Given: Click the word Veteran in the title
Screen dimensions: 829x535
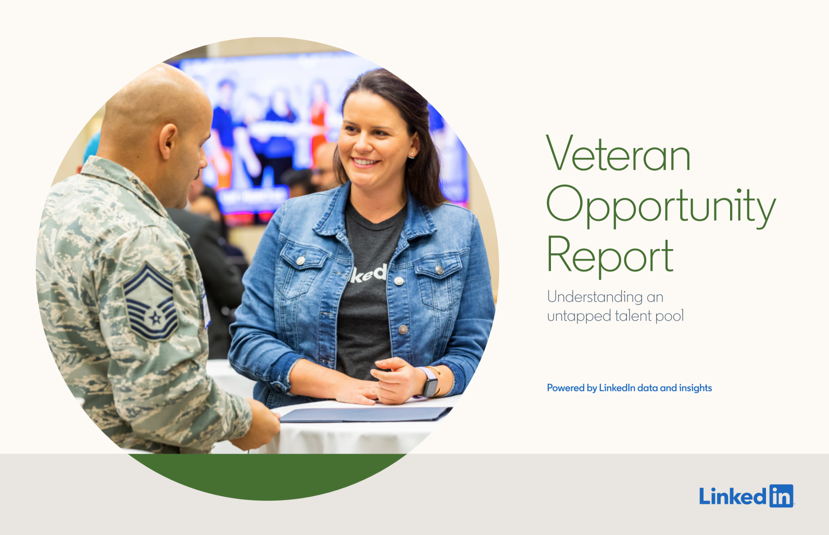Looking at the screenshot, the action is coord(619,153).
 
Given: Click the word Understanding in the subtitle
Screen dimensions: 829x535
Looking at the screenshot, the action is coord(595,296).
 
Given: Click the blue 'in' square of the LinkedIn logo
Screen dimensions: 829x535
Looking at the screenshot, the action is coord(781,496).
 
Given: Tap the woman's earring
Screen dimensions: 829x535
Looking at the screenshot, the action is coord(411,155).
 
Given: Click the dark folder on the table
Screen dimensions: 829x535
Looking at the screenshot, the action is coord(366,414).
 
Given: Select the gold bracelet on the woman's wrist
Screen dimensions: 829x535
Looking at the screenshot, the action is coord(437,381).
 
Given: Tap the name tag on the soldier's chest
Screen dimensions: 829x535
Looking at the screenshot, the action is coord(206,311).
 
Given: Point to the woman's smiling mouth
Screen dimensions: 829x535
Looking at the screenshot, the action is coord(365,162).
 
